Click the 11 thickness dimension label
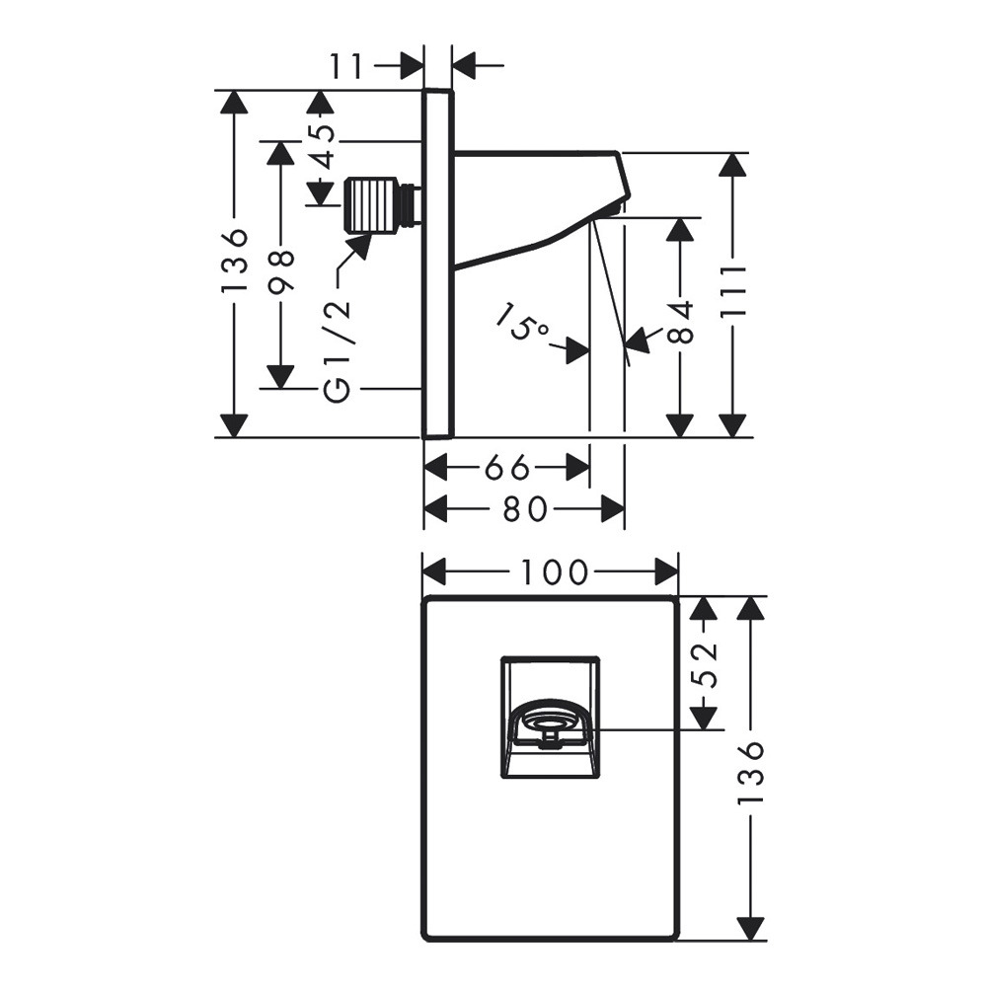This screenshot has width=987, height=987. pyautogui.click(x=347, y=67)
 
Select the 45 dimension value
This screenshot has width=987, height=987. pyautogui.click(x=323, y=145)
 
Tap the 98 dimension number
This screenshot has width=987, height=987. pyautogui.click(x=281, y=271)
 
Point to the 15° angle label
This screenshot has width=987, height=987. pyautogui.click(x=523, y=325)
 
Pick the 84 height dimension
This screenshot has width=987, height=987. pyautogui.click(x=680, y=322)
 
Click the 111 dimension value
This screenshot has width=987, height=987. pyautogui.click(x=732, y=291)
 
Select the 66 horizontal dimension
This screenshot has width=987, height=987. pyautogui.click(x=507, y=467)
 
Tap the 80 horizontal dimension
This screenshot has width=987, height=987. pyautogui.click(x=524, y=509)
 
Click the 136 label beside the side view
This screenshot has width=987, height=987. pyautogui.click(x=234, y=261)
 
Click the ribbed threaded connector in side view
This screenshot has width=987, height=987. pyautogui.click(x=370, y=204)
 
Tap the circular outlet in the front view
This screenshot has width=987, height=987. pyautogui.click(x=549, y=726)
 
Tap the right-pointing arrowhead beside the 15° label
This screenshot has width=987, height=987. pyautogui.click(x=577, y=348)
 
